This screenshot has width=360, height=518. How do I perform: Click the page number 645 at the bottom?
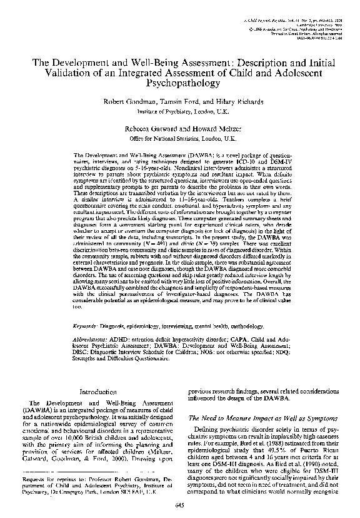(179, 505)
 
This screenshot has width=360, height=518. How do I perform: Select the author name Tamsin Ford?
(165, 101)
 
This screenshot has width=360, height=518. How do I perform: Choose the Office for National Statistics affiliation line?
(179, 135)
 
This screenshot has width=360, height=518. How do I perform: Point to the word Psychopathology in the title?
(179, 81)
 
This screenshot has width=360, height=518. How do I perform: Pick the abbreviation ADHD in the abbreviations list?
(125, 340)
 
